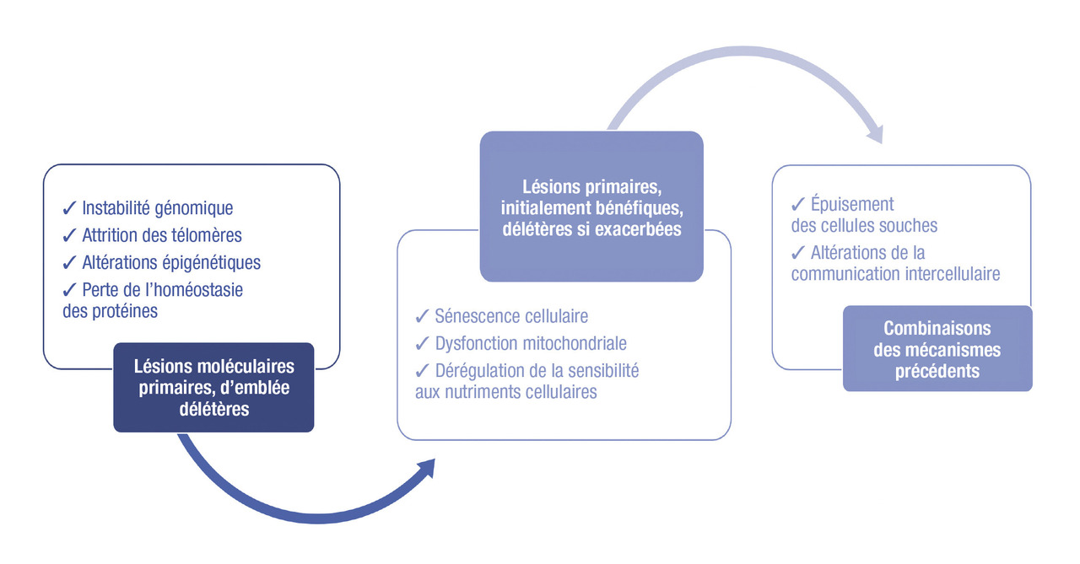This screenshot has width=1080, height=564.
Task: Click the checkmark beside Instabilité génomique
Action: coord(69,207)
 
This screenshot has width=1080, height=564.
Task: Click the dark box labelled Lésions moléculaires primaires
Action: coord(213,388)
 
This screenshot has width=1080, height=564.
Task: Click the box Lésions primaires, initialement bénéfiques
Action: coord(591,206)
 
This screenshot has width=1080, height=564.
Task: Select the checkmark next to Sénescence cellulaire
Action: coord(422,317)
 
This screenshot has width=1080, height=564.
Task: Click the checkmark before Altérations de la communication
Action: coord(798,252)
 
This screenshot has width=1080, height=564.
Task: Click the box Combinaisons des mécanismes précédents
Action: coord(937,349)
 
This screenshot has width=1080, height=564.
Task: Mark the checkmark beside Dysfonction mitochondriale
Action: coord(422,344)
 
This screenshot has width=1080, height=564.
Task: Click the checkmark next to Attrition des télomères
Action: coord(69,235)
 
